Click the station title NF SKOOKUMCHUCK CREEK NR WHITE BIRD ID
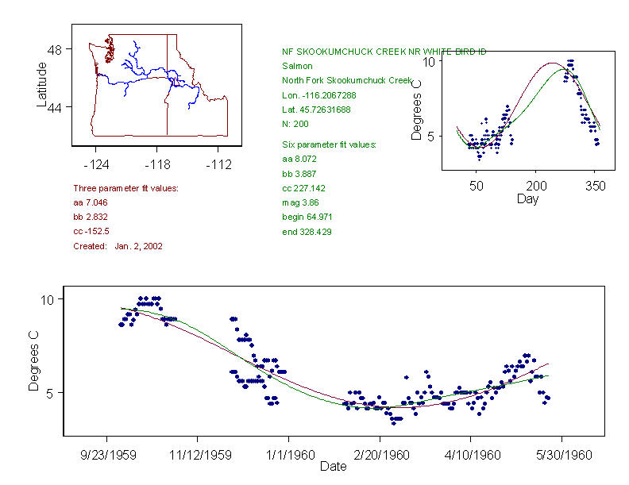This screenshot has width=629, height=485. pos(384,52)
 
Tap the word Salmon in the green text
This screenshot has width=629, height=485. pos(297,66)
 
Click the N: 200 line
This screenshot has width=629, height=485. pos(295,124)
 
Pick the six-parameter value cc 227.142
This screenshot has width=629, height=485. pos(303,188)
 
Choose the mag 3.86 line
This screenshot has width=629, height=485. pos(299,202)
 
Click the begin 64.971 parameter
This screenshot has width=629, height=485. pos(307,217)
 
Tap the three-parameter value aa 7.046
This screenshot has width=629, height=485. pos(91,202)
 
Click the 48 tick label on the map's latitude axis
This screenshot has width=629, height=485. pos(55,49)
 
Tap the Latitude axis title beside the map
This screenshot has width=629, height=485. pos(42,86)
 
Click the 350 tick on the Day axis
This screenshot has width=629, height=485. pos(596,186)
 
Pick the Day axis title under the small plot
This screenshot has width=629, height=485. pos(527,198)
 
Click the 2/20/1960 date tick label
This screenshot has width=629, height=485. pos(380,455)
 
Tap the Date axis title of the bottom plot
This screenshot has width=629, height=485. pos(333,467)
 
